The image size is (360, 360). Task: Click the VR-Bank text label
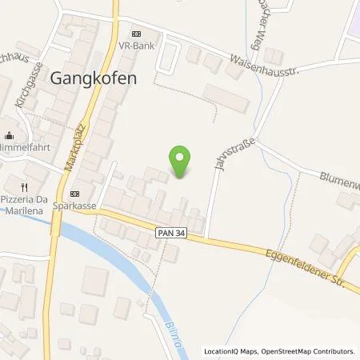[x=136, y=47]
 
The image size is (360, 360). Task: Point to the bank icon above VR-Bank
[x=136, y=34]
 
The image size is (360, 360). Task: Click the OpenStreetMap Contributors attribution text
[x=315, y=351]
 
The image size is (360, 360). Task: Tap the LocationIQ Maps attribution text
[x=234, y=351]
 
